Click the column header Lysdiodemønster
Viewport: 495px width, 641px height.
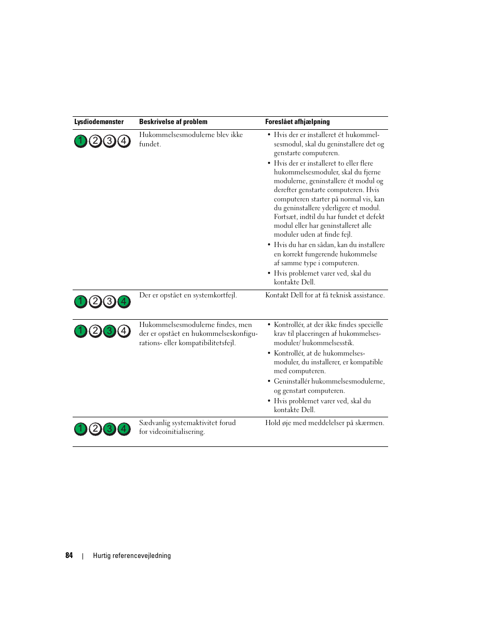pyautogui.click(x=99, y=122)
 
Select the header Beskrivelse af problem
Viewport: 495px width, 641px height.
pyautogui.click(x=173, y=122)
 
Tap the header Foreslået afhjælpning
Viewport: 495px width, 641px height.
pyautogui.click(x=297, y=122)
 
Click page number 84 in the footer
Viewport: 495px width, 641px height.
pyautogui.click(x=69, y=555)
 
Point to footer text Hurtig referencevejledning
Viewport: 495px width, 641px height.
pyautogui.click(x=132, y=556)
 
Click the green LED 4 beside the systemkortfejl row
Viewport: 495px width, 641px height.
pyautogui.click(x=123, y=302)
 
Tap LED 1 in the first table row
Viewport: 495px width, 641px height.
pyautogui.click(x=80, y=141)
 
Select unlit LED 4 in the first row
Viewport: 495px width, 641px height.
pyautogui.click(x=123, y=141)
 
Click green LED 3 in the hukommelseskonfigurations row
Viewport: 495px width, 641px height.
pyautogui.click(x=109, y=331)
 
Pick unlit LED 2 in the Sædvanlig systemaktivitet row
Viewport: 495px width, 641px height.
pyautogui.click(x=95, y=429)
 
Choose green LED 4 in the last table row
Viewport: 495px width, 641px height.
pyautogui.click(x=123, y=429)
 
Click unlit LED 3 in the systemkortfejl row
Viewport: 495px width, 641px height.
pyautogui.click(x=109, y=302)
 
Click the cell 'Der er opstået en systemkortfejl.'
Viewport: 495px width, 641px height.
pyautogui.click(x=188, y=295)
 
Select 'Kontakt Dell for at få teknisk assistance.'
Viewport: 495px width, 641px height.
pyautogui.click(x=325, y=295)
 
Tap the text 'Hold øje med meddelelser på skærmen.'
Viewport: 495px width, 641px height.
pyautogui.click(x=325, y=423)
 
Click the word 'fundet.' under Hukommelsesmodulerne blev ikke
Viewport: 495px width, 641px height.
pyautogui.click(x=150, y=144)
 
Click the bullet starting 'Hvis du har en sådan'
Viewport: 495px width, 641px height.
pyautogui.click(x=329, y=254)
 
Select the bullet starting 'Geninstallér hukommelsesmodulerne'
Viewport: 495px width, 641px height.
pyautogui.click(x=329, y=386)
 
